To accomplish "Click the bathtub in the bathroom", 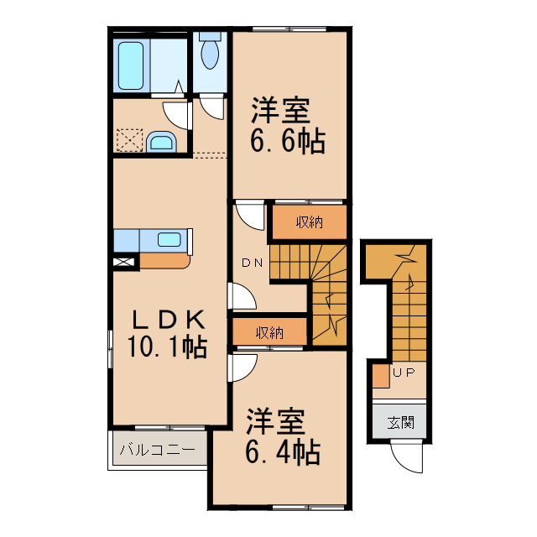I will [132, 65].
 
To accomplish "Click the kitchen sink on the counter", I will [169, 240].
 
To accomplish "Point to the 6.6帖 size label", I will [287, 141].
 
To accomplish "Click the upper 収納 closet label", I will [309, 222].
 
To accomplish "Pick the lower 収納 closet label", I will [270, 333].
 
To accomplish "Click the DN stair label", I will [253, 263].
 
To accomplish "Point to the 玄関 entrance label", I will [400, 422].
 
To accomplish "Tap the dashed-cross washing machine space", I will [129, 139].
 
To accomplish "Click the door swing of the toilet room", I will [211, 107].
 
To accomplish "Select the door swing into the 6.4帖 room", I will [243, 367].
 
